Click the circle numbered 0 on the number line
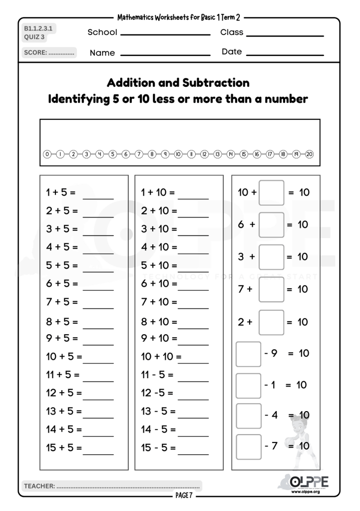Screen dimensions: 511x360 (47, 154)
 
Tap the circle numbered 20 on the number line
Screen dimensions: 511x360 (309, 154)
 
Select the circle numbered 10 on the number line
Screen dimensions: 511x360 (178, 154)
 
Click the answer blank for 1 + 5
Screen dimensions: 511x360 (98, 196)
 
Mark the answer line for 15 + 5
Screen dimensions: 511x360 (98, 452)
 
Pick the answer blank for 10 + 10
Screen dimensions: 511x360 (193, 361)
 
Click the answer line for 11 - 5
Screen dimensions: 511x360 (193, 379)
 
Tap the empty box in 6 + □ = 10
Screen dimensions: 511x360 (272, 225)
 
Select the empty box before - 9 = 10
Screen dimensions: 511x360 (248, 354)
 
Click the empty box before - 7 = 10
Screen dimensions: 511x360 (248, 447)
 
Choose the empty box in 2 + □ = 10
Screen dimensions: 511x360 (272, 322)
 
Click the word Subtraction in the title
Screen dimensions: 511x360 (216, 82)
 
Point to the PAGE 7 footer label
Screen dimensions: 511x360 (183, 496)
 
